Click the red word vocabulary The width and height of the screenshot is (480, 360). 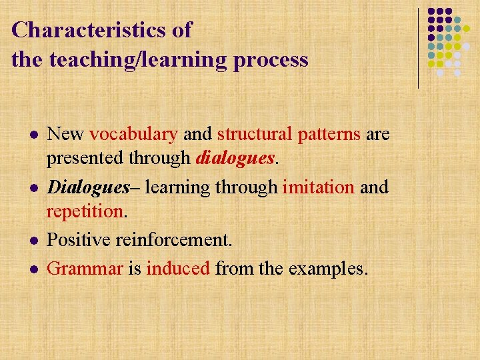coord(133,134)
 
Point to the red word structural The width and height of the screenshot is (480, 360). coord(254,134)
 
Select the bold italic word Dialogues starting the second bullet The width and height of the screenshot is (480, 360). coord(88,187)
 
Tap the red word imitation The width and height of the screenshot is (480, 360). coord(318,187)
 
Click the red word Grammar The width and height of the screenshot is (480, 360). coord(85,268)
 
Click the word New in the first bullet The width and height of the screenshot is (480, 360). coord(65,134)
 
